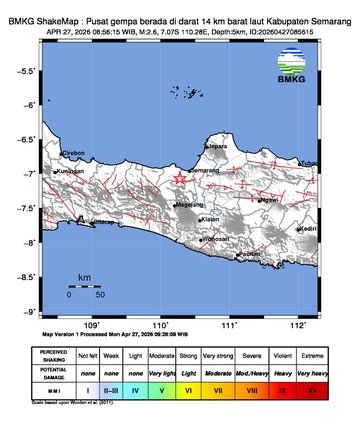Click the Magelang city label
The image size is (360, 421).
190,204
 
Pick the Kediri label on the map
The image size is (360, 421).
309,228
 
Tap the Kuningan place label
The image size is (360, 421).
70,171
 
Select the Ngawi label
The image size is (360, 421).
269,200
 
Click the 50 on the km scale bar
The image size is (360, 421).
100,294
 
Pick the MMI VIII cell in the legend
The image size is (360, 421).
251,388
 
